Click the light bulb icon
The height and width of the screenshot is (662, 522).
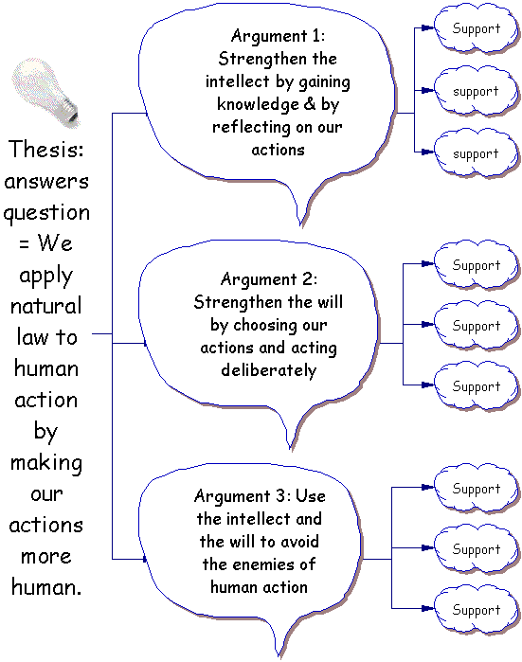click(x=45, y=92)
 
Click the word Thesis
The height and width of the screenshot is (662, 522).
click(x=46, y=149)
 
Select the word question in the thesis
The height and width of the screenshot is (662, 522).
click(x=46, y=213)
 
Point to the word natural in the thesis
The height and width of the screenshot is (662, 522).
click(x=46, y=306)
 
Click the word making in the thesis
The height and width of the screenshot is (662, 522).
click(x=46, y=463)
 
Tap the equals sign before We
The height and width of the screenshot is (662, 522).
click(x=24, y=243)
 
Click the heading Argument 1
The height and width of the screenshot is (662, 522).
click(x=278, y=35)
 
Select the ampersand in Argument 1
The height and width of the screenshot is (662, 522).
click(x=310, y=103)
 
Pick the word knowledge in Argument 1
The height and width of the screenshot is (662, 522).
click(x=257, y=104)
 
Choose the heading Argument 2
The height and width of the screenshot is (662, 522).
click(x=269, y=278)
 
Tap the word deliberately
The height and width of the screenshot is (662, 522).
click(x=269, y=370)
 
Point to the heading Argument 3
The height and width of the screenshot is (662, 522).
click(x=242, y=495)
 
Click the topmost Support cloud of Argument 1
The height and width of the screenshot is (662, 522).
click(x=477, y=28)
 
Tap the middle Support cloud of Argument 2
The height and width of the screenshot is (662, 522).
click(x=477, y=326)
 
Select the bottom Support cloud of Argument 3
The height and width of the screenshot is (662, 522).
click(x=477, y=610)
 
